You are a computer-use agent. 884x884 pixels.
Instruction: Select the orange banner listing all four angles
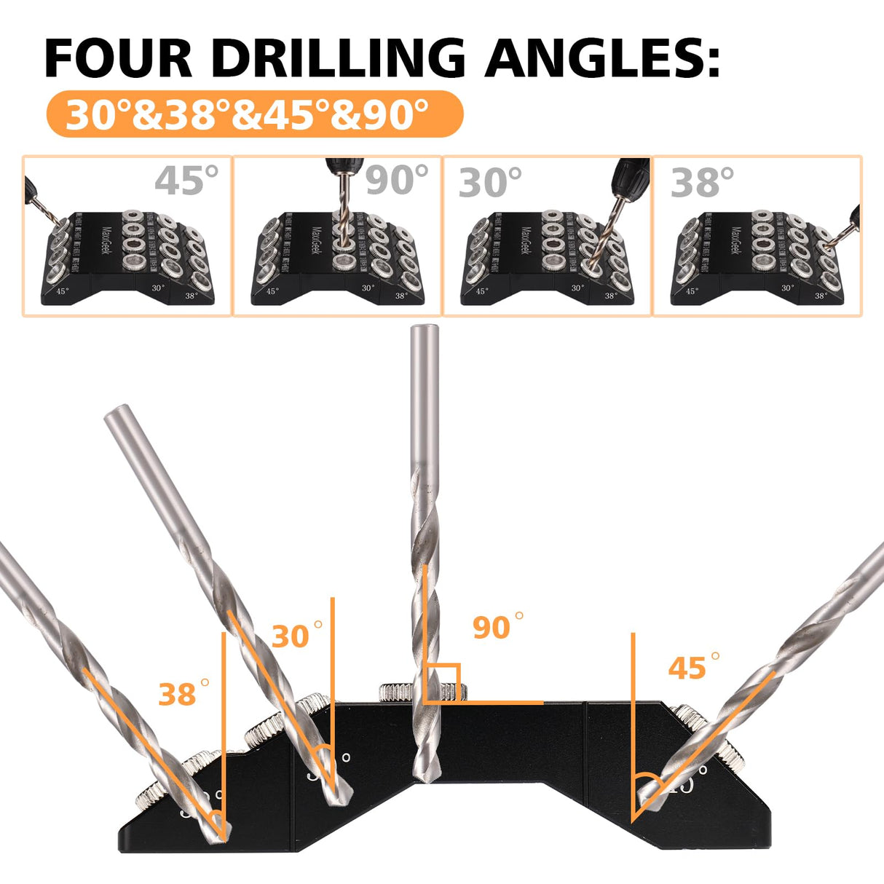(x=254, y=114)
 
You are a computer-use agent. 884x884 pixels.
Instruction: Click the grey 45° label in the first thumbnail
(x=186, y=181)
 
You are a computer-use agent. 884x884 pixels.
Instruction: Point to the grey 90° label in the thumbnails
(x=397, y=181)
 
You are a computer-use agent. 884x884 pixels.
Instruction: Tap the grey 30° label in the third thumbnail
(x=490, y=182)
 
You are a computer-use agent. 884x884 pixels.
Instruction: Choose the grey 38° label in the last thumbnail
(x=702, y=182)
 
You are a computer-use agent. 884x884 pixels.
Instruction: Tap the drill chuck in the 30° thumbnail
(x=630, y=173)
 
